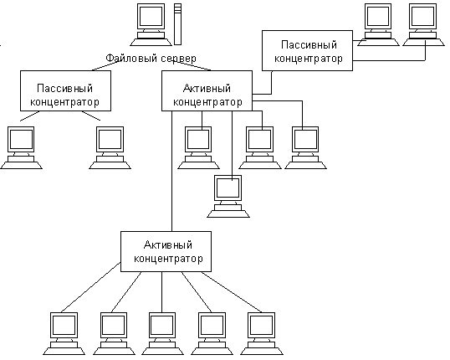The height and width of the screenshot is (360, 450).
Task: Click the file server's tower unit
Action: point(177,24)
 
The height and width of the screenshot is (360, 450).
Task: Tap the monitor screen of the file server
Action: point(151,16)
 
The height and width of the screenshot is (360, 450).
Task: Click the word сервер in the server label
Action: point(178,59)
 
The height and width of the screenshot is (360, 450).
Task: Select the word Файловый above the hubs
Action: point(131,59)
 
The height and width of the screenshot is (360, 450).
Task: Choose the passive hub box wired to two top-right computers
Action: point(307,50)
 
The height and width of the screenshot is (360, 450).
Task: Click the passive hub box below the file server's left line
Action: point(65,90)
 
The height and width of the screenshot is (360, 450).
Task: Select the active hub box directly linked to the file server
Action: point(207,90)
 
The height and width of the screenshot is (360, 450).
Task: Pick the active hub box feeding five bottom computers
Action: point(166,251)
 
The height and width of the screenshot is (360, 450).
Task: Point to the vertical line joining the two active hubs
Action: point(172,171)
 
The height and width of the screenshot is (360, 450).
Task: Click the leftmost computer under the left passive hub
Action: point(21,147)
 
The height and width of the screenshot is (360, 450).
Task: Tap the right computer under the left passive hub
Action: point(110,147)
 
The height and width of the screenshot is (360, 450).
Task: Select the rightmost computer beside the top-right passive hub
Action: point(423,25)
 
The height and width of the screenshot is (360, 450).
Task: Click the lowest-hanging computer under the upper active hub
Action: point(228,196)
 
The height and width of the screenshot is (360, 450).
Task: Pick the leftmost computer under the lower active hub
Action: point(64,333)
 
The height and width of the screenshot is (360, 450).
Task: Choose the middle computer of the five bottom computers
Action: point(162,333)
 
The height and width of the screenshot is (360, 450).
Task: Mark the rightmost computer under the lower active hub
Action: point(262,333)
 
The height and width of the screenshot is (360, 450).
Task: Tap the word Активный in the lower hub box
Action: point(168,245)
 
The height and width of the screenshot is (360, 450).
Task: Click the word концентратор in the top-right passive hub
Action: point(309,59)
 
